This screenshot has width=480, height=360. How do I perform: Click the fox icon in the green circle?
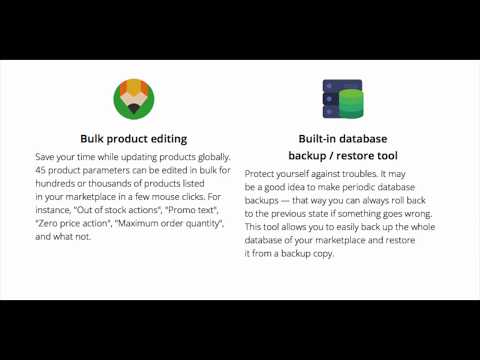[x=133, y=98]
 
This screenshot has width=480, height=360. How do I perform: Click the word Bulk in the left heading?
[x=95, y=139]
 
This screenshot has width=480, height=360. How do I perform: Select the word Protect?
[x=263, y=173]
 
